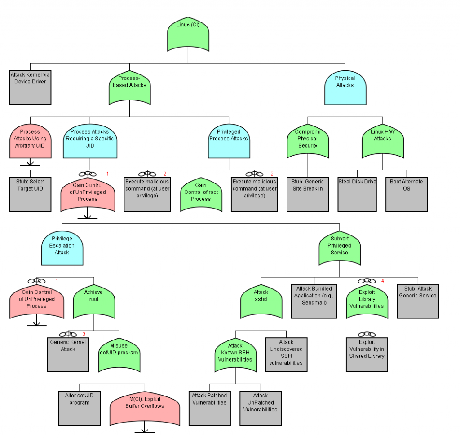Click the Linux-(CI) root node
coord(188,34)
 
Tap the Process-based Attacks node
coord(129,85)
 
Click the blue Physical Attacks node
coord(345,85)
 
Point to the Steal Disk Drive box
coord(357,194)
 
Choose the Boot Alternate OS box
coord(407,194)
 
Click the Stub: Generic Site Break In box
coord(308,194)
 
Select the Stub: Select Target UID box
coord(30,194)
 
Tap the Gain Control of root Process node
coord(201,194)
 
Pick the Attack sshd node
coord(261,301)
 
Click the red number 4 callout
coord(383,281)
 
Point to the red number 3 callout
coord(84,334)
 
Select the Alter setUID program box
coord(80,407)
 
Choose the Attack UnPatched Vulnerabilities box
coord(261,407)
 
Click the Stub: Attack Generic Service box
coord(418,301)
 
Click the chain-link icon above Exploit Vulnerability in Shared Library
coord(367,334)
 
